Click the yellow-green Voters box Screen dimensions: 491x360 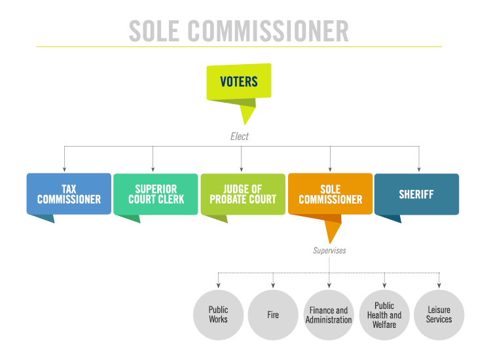coord(238,82)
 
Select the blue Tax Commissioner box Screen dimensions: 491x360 coord(69,194)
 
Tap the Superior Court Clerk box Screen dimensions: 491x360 coord(156,194)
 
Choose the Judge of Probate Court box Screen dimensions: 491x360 coord(243,194)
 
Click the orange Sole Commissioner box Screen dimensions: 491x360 coord(331,194)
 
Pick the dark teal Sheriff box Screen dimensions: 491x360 coord(417,194)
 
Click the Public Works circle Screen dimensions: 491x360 coord(218,315)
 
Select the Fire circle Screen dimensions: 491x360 coord(273,315)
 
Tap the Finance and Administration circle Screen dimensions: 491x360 coord(329,315)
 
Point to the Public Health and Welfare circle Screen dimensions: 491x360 coord(384,315)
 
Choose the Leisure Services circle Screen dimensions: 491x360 coord(439,315)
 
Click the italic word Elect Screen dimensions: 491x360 coord(240,137)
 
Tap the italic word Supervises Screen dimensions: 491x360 coord(329,251)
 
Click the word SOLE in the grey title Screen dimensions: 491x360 coord(154,31)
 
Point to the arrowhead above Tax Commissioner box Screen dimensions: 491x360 coord(65,170)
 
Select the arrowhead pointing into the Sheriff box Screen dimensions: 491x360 coord(419,170)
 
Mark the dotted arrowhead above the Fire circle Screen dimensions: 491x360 coord(273,285)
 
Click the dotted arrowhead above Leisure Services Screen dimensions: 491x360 coord(439,285)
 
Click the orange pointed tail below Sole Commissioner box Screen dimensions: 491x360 coord(332,232)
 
